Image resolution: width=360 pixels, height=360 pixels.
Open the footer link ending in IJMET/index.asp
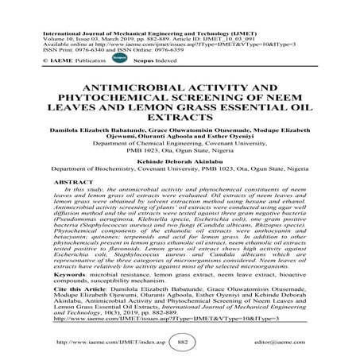point(95,342)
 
